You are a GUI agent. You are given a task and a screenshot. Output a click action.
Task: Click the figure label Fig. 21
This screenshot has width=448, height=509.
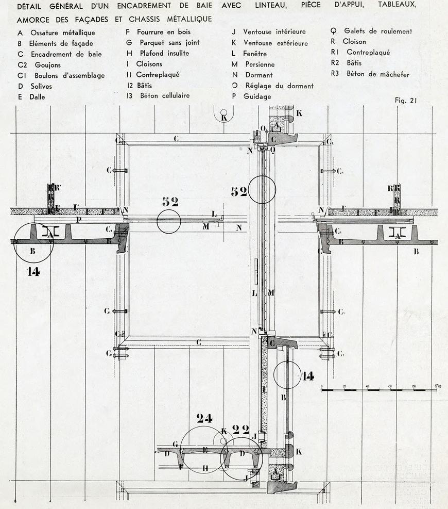[x=406, y=101]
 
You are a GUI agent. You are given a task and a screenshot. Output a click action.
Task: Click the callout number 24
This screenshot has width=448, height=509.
[x=204, y=419]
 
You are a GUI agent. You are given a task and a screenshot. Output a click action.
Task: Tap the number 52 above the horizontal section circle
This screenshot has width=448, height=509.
[x=170, y=202]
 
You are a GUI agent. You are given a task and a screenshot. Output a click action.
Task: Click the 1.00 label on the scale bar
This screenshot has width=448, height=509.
[x=439, y=386]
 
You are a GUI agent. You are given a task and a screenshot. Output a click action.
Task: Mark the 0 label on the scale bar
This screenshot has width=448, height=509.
[x=322, y=386]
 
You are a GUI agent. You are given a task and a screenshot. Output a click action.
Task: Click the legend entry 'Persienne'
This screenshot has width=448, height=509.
[x=260, y=64]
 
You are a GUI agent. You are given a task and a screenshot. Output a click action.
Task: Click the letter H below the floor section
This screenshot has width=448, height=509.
[x=205, y=468]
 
